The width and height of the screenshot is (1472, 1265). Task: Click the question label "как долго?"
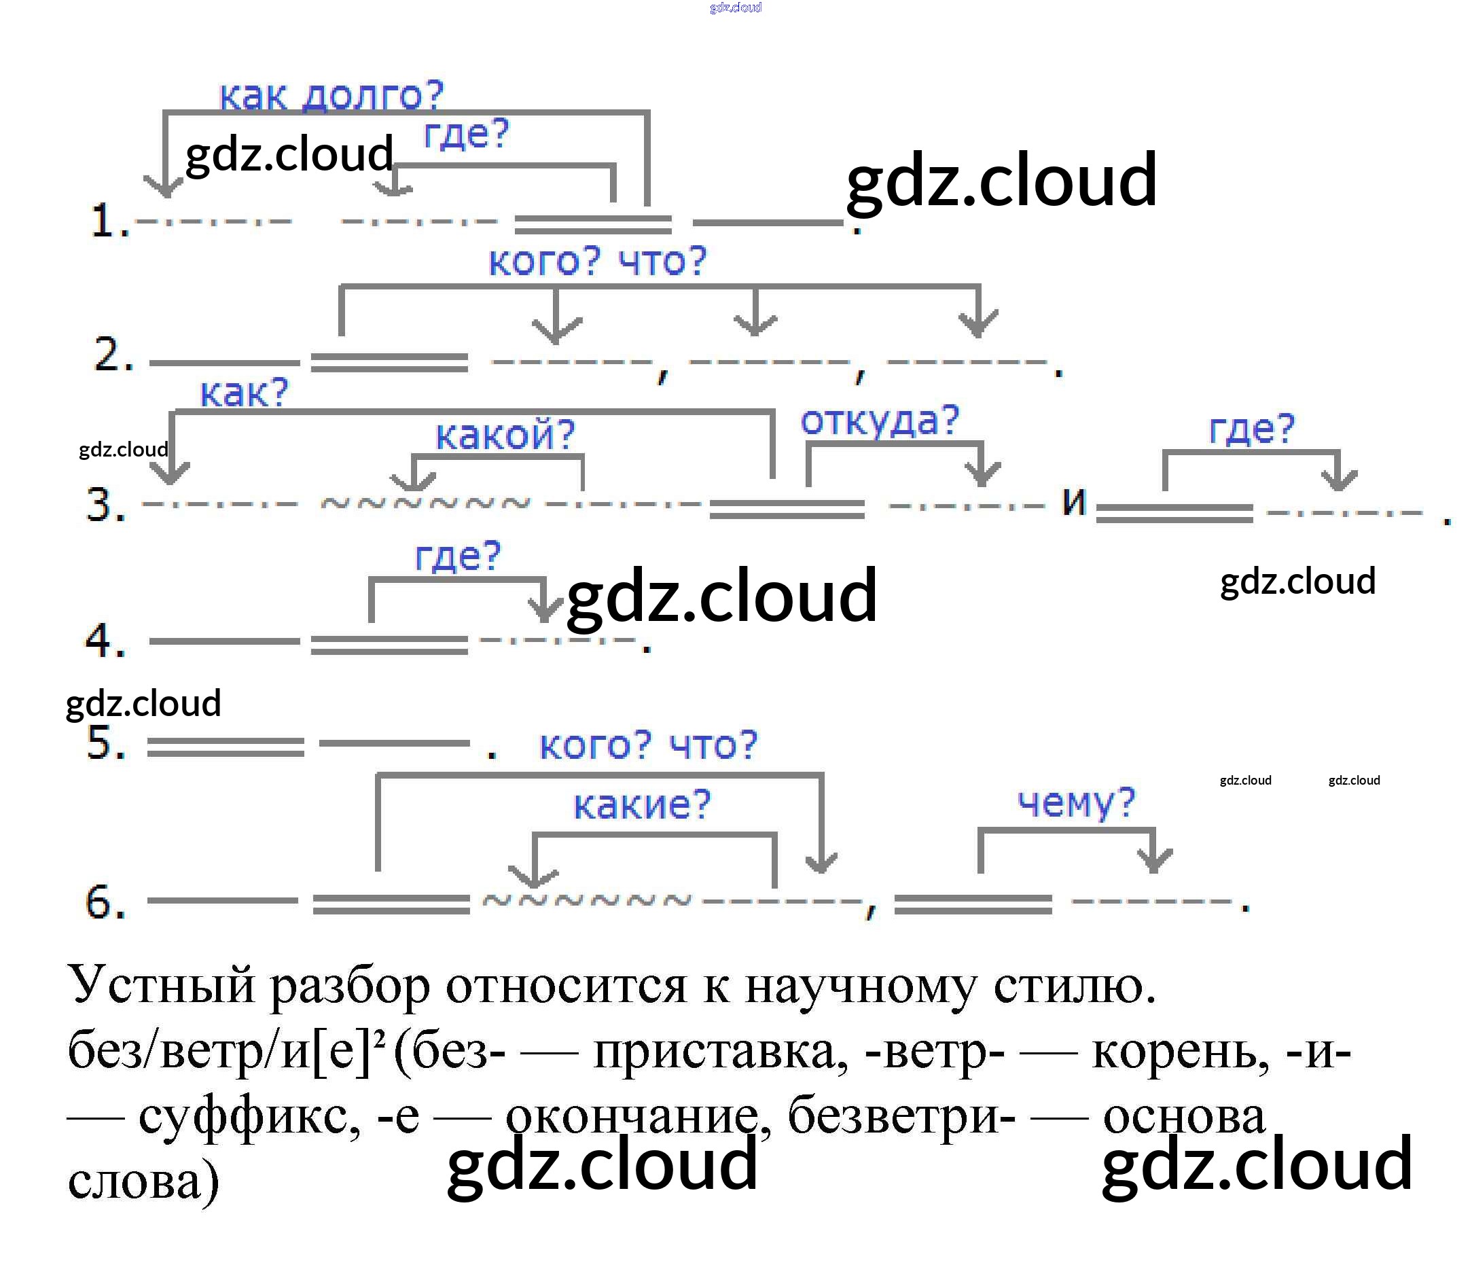[x=331, y=95]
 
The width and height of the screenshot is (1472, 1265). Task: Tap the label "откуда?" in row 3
[x=880, y=420]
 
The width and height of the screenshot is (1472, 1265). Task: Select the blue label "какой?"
[x=505, y=434]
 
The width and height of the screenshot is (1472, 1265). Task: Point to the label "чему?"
[x=1075, y=803]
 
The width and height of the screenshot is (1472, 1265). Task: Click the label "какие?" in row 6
[x=641, y=804]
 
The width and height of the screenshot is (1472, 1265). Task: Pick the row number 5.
[x=105, y=743]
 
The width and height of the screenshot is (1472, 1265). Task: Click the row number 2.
[x=113, y=355]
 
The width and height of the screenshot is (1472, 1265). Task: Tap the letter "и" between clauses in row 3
[x=1073, y=501]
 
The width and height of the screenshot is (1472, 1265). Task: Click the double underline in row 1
[x=592, y=225]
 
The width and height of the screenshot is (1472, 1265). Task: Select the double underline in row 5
[x=226, y=747]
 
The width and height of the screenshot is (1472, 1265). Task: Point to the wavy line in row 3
[x=425, y=504]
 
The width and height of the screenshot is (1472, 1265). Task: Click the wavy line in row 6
[x=586, y=901]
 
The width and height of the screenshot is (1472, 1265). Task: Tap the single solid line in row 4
[x=224, y=641]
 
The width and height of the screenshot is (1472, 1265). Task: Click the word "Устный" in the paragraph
[x=161, y=985]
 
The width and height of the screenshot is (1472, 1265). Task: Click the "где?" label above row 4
[x=458, y=556]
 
